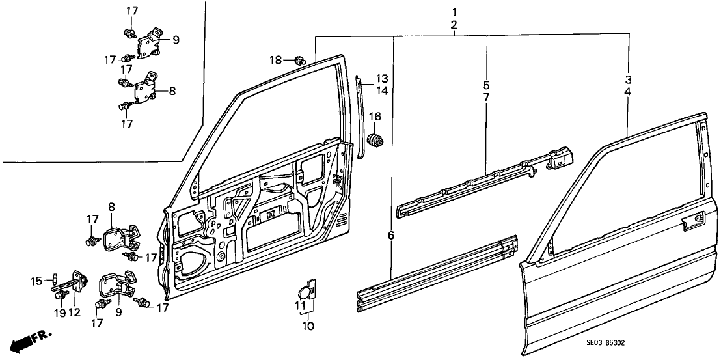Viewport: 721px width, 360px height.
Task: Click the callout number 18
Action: coord(277,60)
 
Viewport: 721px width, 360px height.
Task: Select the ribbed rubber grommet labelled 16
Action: coord(375,139)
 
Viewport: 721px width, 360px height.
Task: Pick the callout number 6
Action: coord(391,235)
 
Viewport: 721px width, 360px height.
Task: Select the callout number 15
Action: coord(38,281)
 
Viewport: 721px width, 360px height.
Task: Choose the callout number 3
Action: coord(628,80)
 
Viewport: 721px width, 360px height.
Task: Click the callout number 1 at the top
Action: coord(454,12)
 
